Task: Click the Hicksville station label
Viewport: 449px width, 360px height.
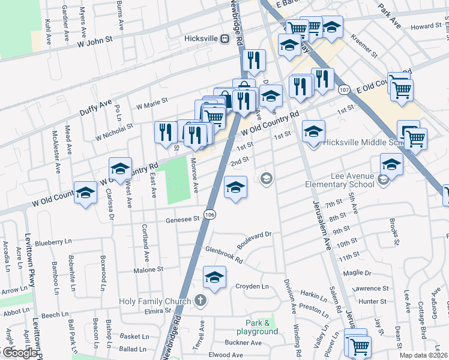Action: [x=201, y=40]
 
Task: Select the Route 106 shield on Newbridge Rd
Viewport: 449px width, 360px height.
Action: [x=209, y=214]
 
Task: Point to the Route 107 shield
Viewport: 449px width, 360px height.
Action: [x=344, y=89]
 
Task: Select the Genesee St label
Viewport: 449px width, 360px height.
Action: [x=182, y=220]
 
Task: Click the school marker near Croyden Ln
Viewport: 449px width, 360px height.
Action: [x=214, y=277]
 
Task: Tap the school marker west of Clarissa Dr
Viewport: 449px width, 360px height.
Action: [x=86, y=193]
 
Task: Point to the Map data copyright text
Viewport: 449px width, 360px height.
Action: [x=423, y=355]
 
